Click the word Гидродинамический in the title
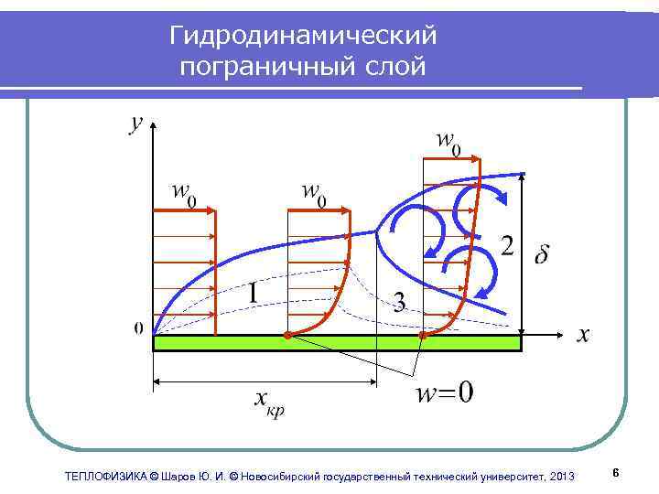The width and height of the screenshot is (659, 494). [x=303, y=37]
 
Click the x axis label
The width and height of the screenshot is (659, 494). [x=583, y=335]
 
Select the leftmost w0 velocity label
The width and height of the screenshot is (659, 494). [x=185, y=194]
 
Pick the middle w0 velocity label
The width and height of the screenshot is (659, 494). [x=315, y=194]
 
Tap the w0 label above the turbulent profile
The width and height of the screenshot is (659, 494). [x=448, y=142]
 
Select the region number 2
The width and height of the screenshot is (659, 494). [x=506, y=245]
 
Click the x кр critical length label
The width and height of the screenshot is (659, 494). [x=268, y=402]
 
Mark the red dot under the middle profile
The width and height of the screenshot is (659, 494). [x=286, y=337]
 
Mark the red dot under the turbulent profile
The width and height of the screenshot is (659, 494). [x=423, y=337]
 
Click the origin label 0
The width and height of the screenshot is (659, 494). [x=138, y=328]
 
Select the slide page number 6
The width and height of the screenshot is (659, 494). [x=616, y=473]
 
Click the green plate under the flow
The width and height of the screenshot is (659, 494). [x=336, y=343]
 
